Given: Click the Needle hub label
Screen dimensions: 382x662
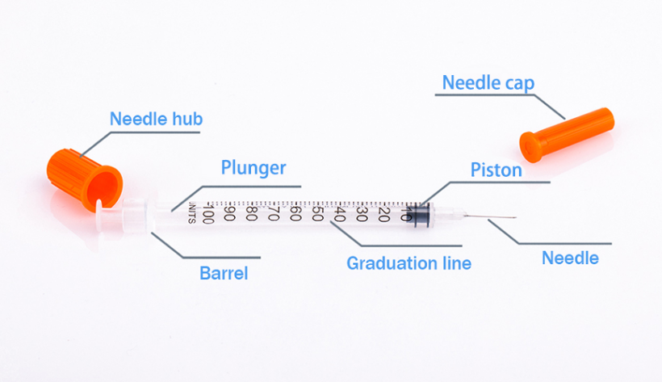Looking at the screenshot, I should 156,120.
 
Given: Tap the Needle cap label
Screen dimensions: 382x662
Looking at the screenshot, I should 488,82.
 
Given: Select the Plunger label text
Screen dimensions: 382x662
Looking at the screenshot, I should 253,168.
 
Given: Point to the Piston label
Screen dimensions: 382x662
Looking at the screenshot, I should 496,170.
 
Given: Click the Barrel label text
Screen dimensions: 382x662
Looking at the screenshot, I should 224,273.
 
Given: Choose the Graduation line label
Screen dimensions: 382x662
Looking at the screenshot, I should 409,263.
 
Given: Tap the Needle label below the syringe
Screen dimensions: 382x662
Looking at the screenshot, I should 570,258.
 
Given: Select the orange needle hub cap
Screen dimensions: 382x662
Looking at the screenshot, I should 84,173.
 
